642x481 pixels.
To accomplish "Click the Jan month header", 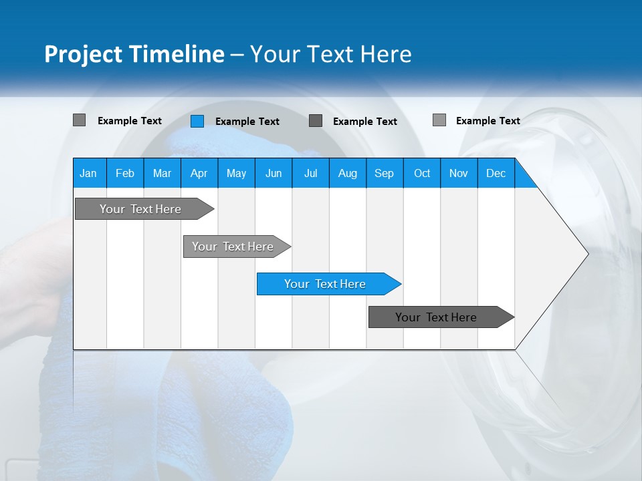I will tap(88, 173).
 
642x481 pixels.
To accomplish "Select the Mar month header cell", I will tap(162, 173).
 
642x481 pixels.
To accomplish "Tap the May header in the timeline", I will tap(236, 173).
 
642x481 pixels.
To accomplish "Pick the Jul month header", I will tap(310, 173).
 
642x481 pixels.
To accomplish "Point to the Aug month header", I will tap(347, 173).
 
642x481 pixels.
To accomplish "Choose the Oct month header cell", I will tap(422, 173).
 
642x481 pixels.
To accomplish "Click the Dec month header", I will tap(496, 173).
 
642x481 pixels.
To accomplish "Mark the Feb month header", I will tap(125, 173).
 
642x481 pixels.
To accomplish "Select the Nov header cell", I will tap(459, 173).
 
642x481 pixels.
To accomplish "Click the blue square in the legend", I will tap(197, 121).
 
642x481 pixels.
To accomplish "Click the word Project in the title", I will tap(84, 54).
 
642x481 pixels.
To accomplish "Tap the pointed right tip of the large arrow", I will tap(586, 253).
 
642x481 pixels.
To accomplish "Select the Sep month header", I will tap(384, 173).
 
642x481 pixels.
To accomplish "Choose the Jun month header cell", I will tap(274, 173).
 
